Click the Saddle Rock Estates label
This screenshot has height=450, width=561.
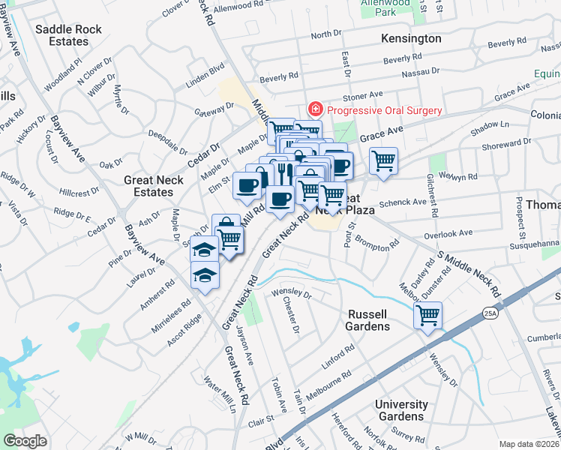(x=61, y=35)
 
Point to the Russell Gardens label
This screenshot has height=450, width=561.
(x=367, y=320)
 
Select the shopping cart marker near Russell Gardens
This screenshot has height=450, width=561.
(x=427, y=314)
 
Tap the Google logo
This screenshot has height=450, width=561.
(x=25, y=440)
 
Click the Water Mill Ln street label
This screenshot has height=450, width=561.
(x=220, y=392)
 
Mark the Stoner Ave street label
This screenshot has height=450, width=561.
(x=363, y=95)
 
